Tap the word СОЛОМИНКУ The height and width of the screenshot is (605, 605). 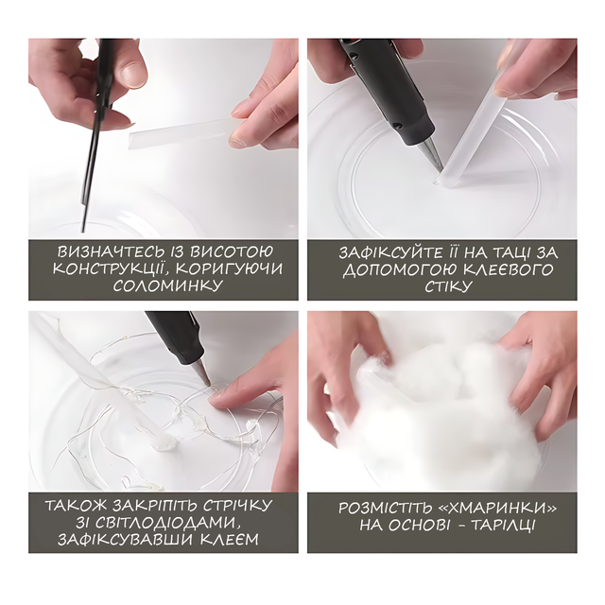pos(168,286)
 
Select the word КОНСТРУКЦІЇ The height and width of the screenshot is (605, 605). pos(111,268)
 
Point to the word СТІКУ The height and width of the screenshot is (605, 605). pos(448,286)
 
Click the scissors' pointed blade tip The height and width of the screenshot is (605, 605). pos(82,231)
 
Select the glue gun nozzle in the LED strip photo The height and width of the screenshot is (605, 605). pos(202,372)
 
